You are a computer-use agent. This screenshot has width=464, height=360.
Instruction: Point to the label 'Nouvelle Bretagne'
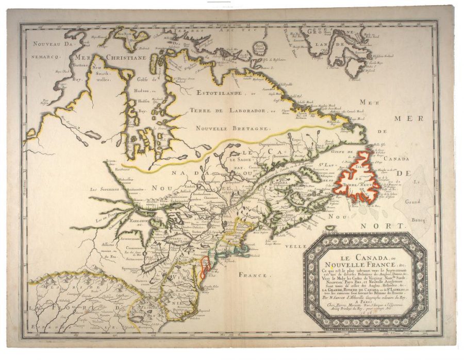coord(231,127)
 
